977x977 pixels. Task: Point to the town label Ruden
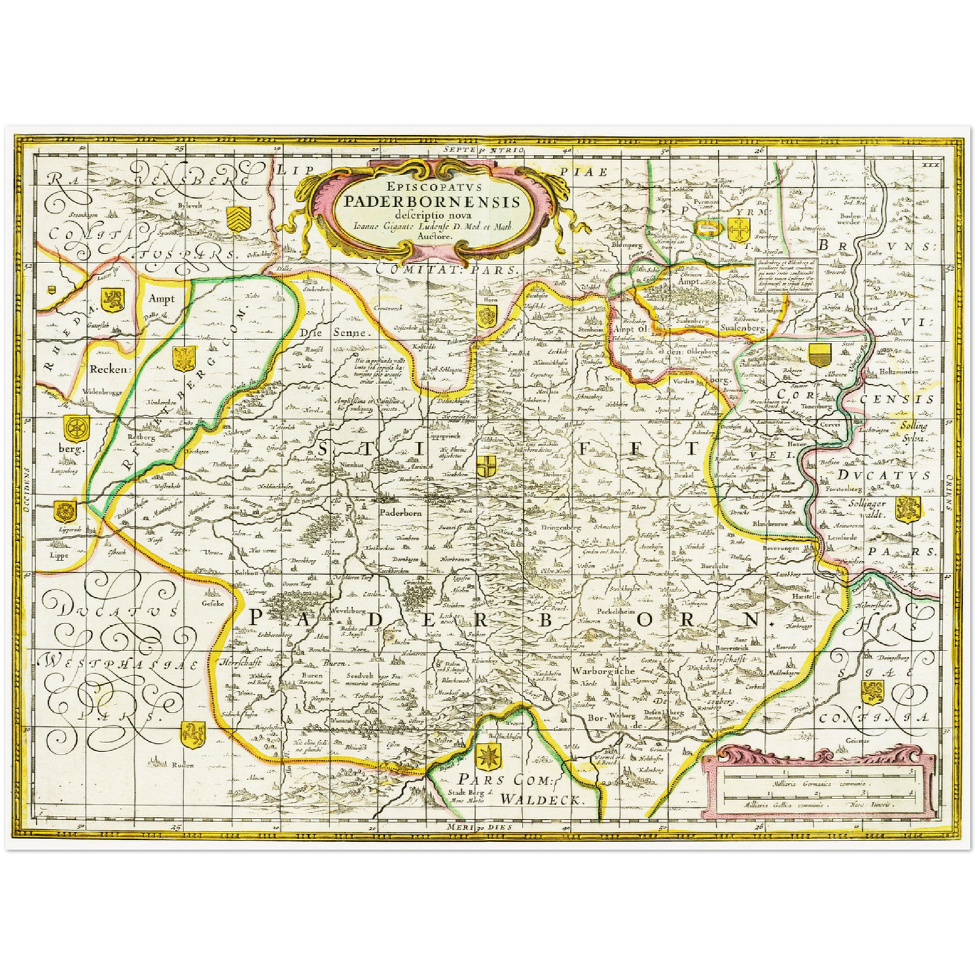point(183,765)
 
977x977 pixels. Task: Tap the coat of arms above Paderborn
point(485,466)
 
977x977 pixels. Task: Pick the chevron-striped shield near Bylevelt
point(239,217)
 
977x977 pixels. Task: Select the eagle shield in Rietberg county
point(183,359)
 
